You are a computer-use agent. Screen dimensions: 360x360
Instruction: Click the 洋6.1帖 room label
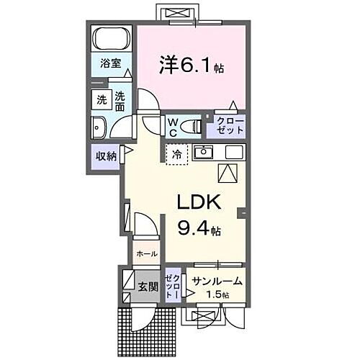(191, 66)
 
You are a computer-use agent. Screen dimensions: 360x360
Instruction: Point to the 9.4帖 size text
(199, 230)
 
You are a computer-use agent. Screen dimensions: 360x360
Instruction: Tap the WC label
(174, 127)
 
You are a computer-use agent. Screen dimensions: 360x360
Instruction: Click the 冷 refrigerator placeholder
(177, 153)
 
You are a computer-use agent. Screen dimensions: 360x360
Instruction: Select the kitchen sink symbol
(204, 152)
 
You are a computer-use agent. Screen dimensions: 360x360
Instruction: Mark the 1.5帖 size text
(216, 295)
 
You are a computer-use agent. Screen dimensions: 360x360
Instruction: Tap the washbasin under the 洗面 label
(99, 128)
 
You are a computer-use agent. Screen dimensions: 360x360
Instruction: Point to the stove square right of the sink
(234, 152)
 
